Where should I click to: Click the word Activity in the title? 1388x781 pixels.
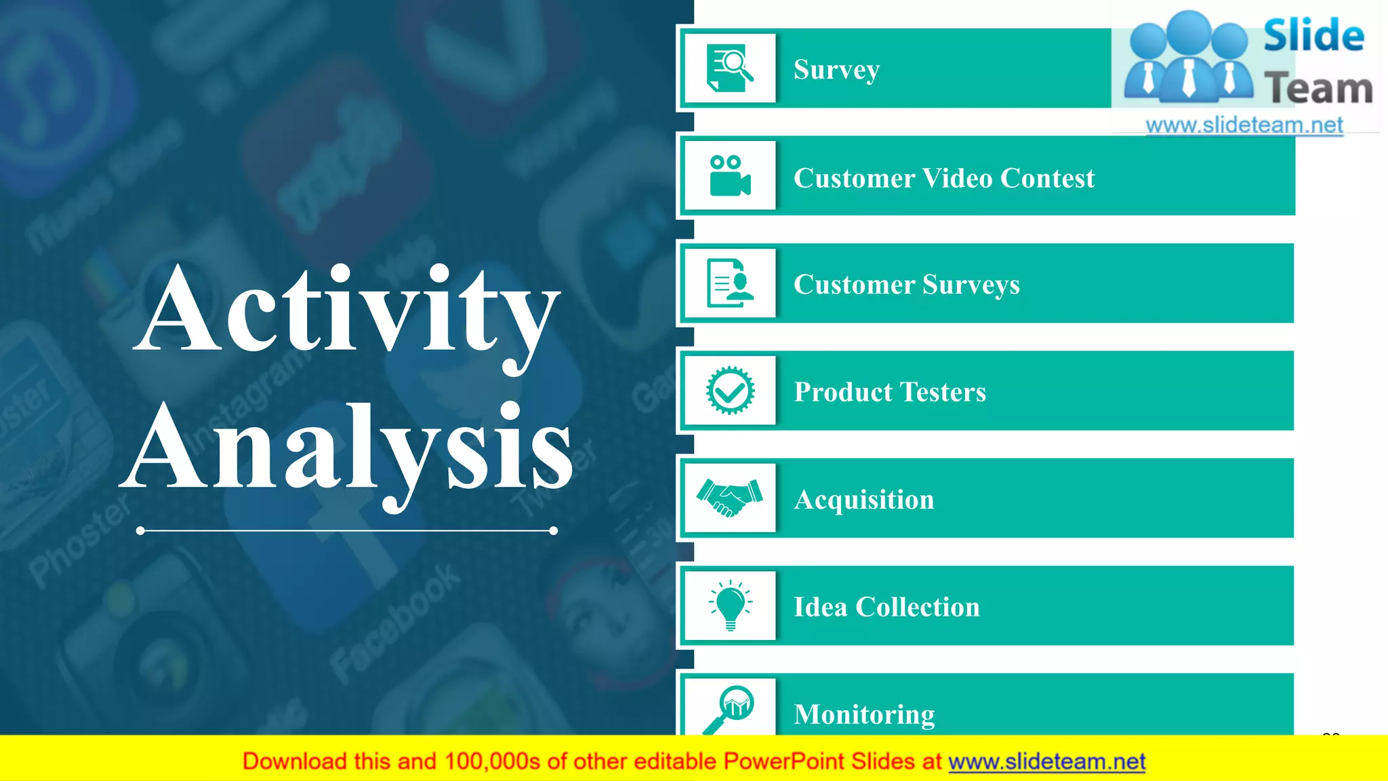(x=347, y=312)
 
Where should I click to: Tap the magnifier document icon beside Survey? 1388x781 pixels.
(x=729, y=68)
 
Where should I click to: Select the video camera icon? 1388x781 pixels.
(x=729, y=176)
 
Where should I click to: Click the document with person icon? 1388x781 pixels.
(x=729, y=283)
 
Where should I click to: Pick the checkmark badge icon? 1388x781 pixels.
(x=730, y=390)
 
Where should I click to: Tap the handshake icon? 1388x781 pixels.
(x=729, y=498)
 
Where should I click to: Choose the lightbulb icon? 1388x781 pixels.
(x=730, y=605)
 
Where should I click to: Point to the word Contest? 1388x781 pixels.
(x=1047, y=178)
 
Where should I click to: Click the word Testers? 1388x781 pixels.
(x=943, y=392)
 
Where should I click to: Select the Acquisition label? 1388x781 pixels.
(x=863, y=500)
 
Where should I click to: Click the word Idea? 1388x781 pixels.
(x=820, y=607)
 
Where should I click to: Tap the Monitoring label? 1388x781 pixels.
(x=864, y=715)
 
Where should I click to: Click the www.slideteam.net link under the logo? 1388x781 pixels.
(x=1244, y=125)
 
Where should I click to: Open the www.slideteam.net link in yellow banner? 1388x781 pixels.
(x=1046, y=761)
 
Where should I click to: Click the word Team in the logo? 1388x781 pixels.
(x=1318, y=89)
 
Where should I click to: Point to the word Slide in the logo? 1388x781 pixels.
(x=1313, y=36)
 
